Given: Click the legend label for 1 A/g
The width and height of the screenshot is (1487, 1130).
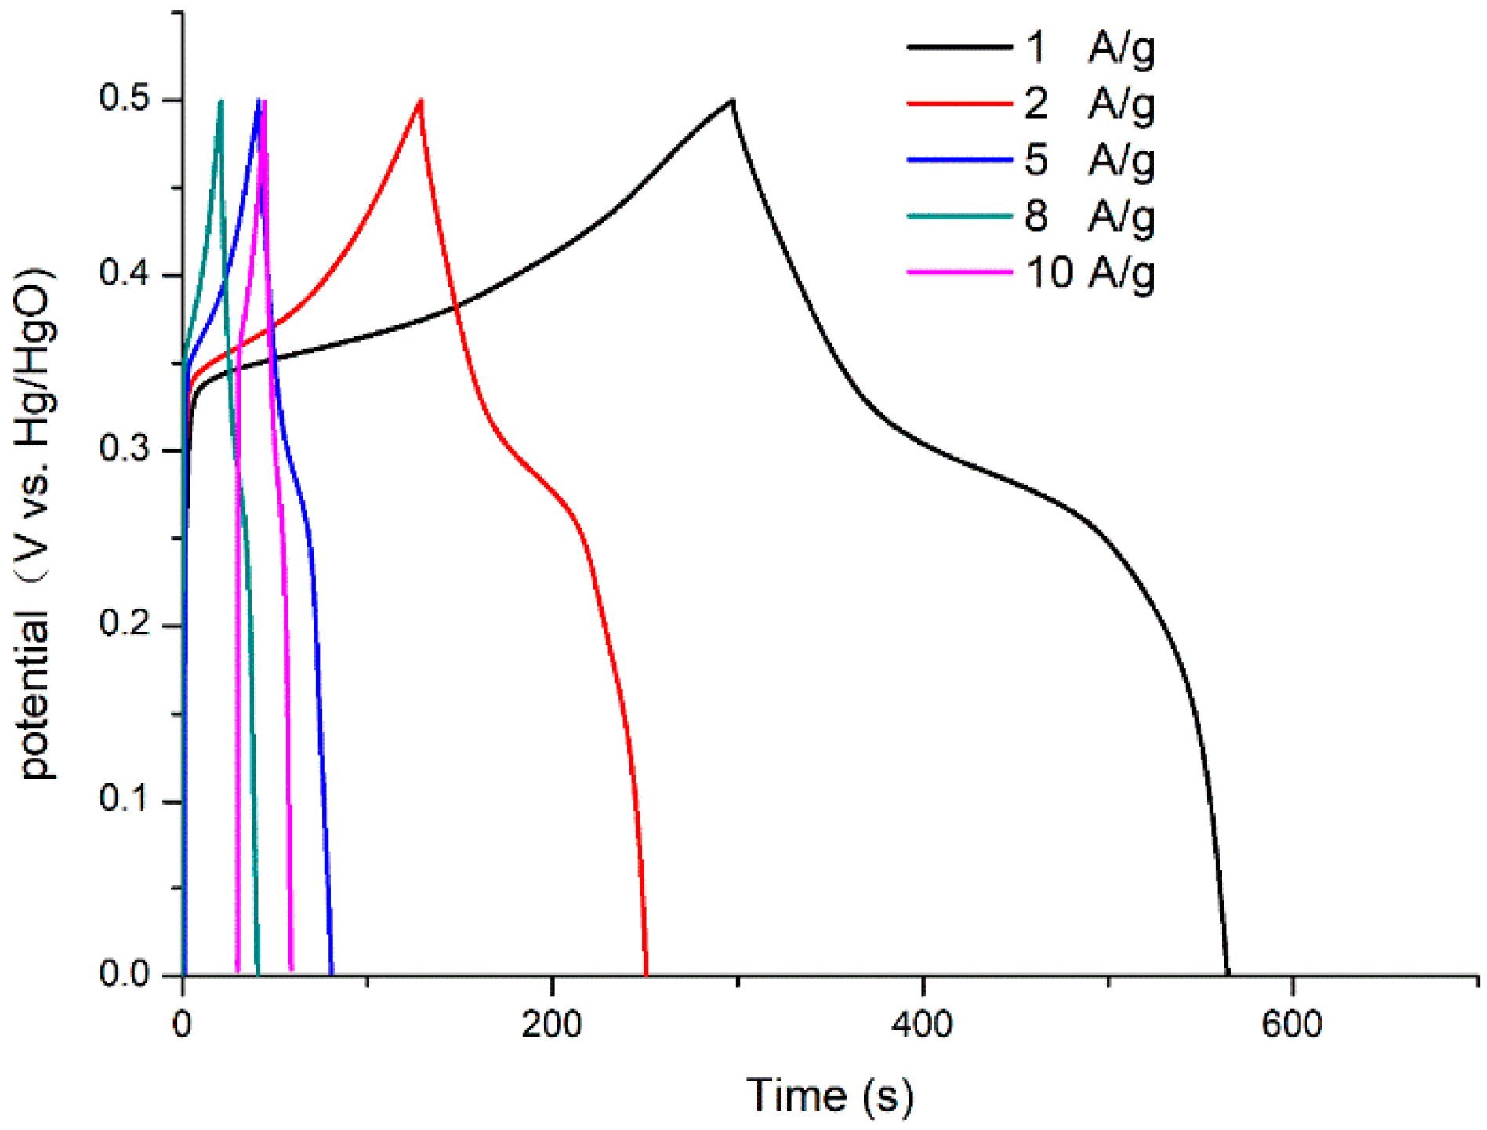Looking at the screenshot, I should click(x=1090, y=48).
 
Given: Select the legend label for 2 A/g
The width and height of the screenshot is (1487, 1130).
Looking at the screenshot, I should click(x=1090, y=104).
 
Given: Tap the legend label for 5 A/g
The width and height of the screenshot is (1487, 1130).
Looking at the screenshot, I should click(x=1090, y=160).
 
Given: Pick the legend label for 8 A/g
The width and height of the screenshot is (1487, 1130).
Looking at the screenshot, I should click(x=1090, y=216).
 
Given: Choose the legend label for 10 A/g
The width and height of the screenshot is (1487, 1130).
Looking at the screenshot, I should click(x=1090, y=272).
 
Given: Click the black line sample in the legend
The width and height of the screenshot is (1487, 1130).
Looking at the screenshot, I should click(x=959, y=48).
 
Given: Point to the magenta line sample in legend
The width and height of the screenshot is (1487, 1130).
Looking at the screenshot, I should click(x=959, y=272).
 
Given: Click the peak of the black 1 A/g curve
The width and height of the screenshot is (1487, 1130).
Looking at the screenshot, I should click(x=732, y=100).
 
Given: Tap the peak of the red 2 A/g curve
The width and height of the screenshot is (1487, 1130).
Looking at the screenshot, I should click(x=421, y=100).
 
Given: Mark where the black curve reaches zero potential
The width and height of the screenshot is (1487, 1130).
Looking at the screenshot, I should click(x=1227, y=975).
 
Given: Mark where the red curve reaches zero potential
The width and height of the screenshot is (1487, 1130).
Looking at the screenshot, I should click(x=646, y=975).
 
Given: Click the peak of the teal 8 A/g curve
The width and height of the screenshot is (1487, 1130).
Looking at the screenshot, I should click(x=221, y=101).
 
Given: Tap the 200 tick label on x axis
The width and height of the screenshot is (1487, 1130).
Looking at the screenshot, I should click(x=552, y=1025).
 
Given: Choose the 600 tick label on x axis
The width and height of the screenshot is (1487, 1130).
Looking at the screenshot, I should click(x=1291, y=1025).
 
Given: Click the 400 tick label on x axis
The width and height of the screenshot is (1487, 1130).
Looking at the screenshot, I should click(x=922, y=1025).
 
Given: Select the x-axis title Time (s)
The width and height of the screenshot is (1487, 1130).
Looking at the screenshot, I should click(x=829, y=1095).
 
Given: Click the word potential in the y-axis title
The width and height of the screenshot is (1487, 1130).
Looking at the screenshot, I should click(x=36, y=698).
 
